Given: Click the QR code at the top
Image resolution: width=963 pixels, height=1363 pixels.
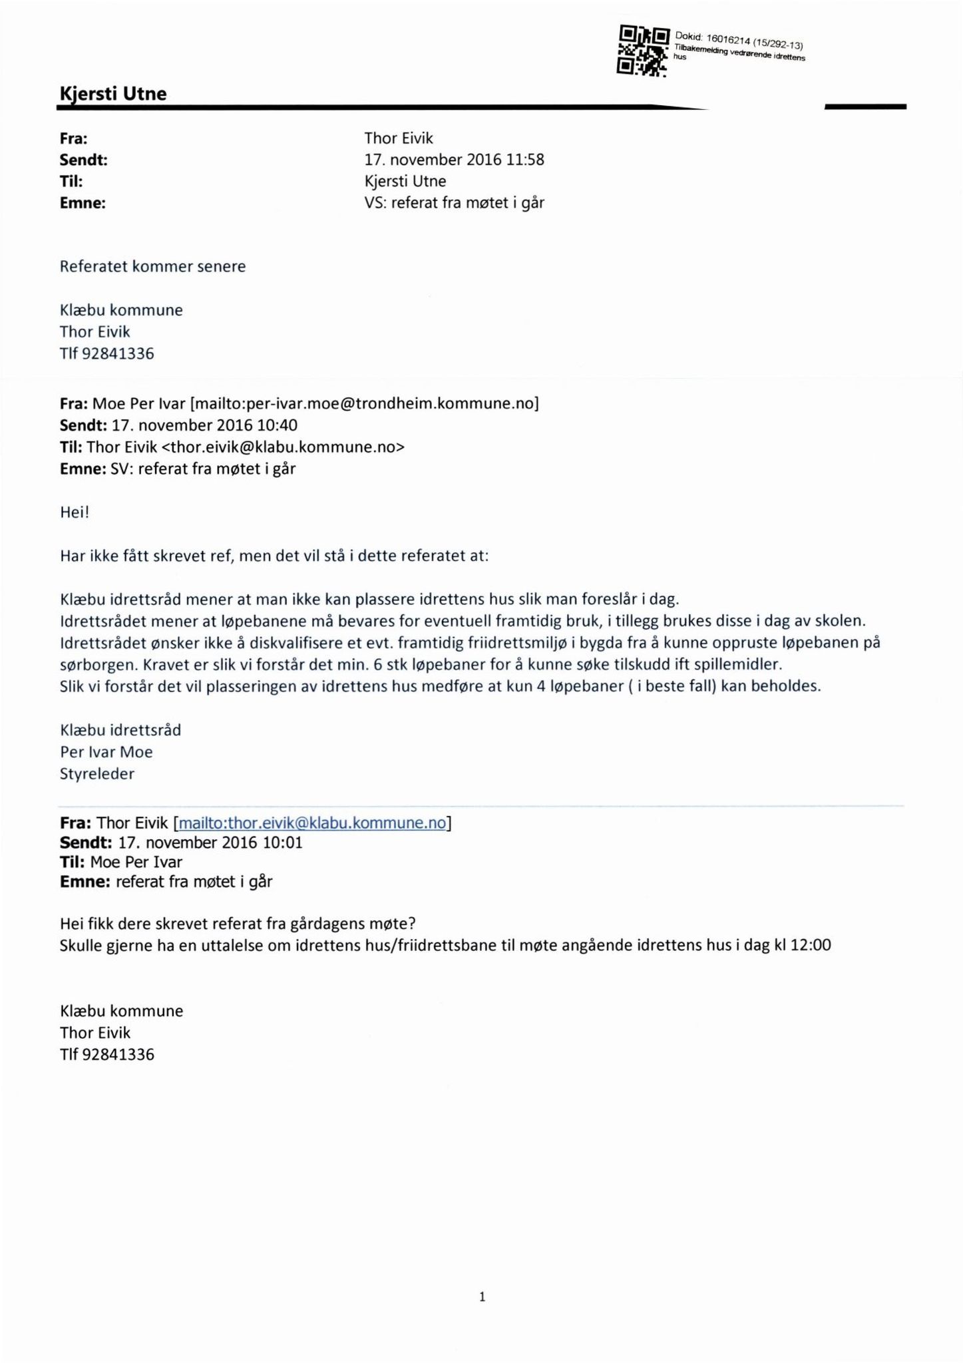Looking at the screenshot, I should click(x=643, y=51).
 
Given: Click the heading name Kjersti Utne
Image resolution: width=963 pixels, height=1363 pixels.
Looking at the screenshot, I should click(x=113, y=93).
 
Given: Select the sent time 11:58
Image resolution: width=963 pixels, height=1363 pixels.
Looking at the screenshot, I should click(x=526, y=160).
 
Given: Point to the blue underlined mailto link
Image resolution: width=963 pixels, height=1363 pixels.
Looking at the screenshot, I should click(x=313, y=823).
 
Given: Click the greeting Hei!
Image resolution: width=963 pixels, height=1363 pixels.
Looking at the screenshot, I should click(x=74, y=512).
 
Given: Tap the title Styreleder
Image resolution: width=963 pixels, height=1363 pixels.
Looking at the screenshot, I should click(x=97, y=774).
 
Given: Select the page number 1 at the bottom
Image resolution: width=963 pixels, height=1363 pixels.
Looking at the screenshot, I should click(x=482, y=1296).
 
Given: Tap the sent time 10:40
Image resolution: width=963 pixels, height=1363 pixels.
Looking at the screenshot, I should click(x=276, y=425).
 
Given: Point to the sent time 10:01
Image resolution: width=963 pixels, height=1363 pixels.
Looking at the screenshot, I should click(x=282, y=843).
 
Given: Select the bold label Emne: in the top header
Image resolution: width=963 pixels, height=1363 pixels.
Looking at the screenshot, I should click(x=83, y=204).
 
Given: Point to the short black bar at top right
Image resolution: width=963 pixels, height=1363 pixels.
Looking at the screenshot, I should click(x=865, y=106).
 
